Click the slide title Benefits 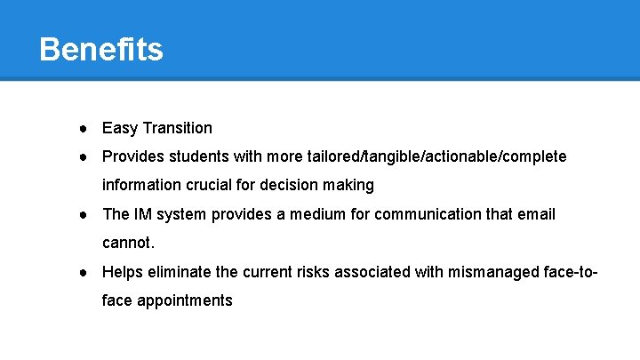point(101,49)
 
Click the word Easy point(120,128)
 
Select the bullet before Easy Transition point(81,128)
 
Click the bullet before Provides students point(81,156)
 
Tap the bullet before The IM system point(81,214)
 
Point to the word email point(536,214)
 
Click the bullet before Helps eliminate point(81,272)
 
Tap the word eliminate point(179,272)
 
